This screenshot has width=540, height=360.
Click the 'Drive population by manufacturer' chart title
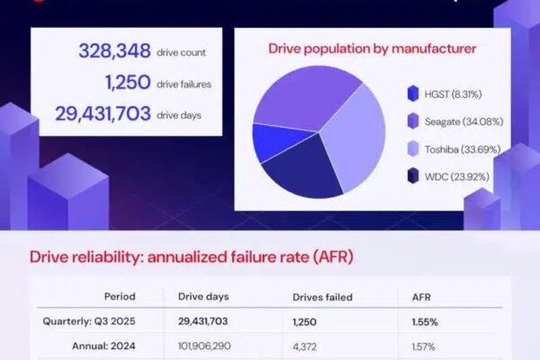click(373, 48)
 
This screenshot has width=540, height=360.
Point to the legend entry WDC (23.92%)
click(446, 175)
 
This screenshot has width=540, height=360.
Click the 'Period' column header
click(119, 297)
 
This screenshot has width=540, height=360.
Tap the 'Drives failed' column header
click(323, 297)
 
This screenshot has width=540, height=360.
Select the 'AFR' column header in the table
click(421, 297)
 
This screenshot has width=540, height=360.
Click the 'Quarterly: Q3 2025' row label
click(88, 320)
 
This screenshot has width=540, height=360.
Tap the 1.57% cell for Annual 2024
click(421, 343)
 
